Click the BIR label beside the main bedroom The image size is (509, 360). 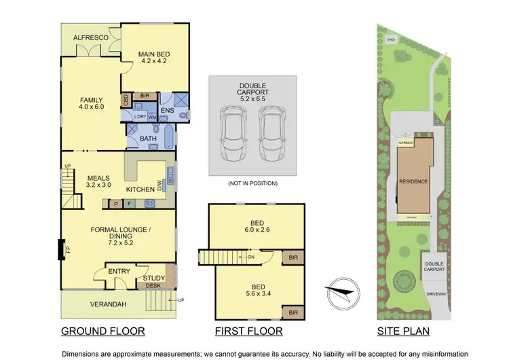(x=144, y=96)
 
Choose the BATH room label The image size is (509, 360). (x=148, y=139)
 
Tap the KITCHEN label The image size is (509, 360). (x=139, y=189)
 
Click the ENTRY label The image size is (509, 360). (x=119, y=272)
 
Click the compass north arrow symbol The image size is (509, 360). (x=340, y=293)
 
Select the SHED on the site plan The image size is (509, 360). (x=390, y=40)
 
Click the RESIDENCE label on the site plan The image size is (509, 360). (x=413, y=182)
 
